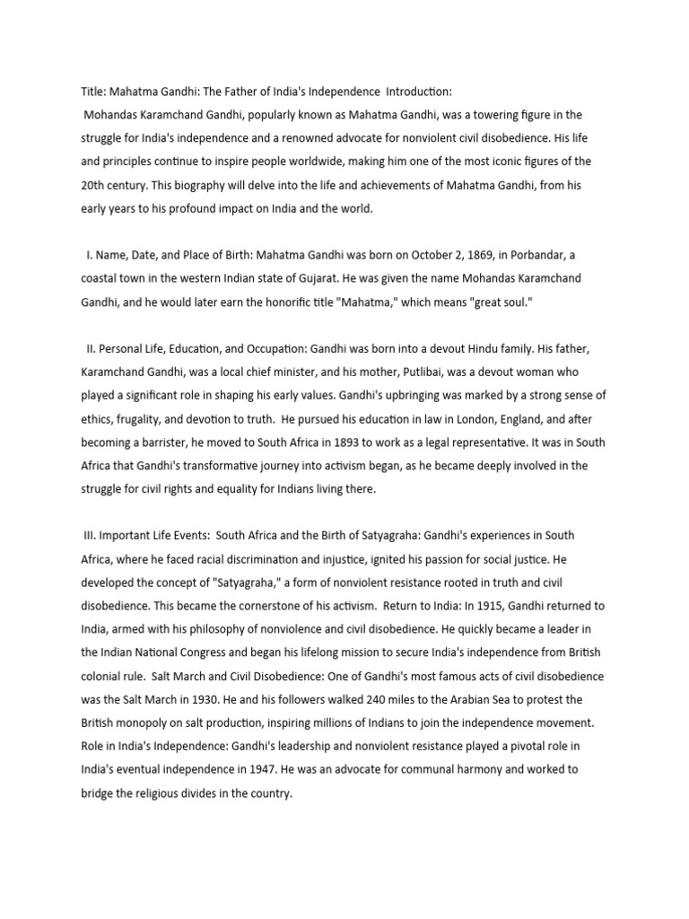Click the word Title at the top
tap(83, 92)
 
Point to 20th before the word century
tap(87, 185)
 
